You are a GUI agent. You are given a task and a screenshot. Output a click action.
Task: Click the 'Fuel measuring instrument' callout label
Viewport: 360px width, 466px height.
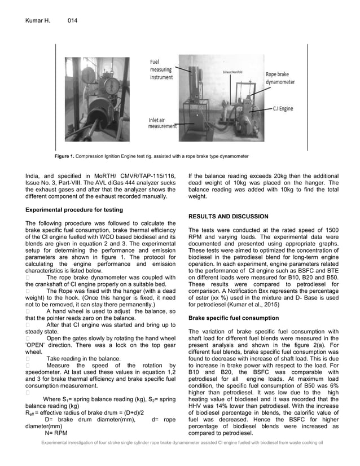(161, 70)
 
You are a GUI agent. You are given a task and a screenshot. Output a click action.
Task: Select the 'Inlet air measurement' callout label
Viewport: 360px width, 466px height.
(162, 123)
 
